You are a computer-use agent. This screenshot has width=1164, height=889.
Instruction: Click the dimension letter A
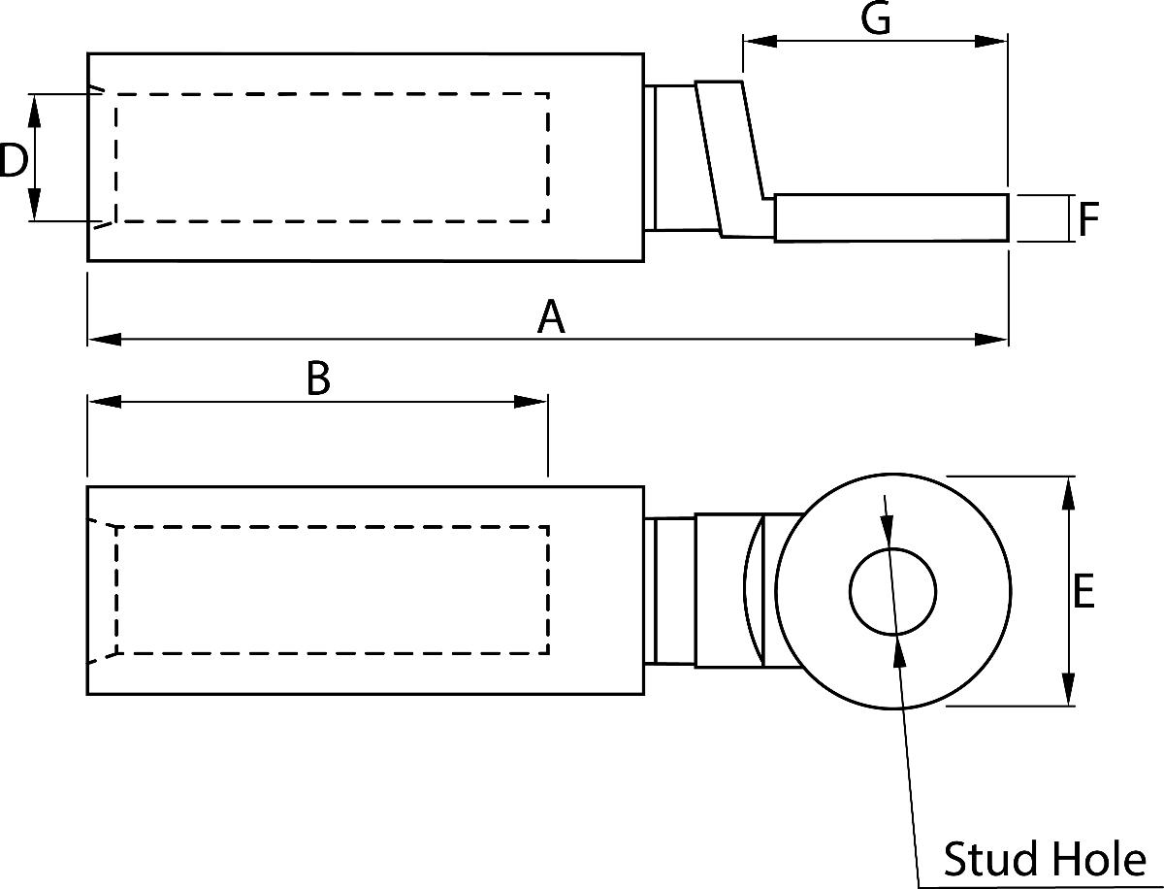(551, 317)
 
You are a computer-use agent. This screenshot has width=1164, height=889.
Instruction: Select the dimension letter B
(318, 379)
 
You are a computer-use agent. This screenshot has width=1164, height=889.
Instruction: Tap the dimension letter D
(13, 160)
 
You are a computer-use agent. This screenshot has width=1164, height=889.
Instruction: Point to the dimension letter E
(1084, 591)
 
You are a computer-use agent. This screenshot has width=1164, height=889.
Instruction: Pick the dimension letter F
(1088, 220)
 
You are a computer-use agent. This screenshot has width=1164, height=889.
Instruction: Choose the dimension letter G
(876, 19)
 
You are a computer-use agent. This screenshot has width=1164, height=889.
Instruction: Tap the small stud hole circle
(892, 592)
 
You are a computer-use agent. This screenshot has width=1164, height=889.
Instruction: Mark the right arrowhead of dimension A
(993, 339)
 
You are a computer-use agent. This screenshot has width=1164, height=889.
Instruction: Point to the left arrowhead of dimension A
(103, 339)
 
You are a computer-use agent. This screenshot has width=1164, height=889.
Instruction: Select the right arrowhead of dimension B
(533, 402)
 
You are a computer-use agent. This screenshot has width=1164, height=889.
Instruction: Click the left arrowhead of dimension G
(758, 42)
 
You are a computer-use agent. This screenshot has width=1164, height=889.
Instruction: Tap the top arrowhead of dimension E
(1069, 491)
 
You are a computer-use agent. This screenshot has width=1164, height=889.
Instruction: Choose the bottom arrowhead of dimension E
(1069, 691)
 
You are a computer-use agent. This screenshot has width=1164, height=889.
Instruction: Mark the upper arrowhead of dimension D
(34, 110)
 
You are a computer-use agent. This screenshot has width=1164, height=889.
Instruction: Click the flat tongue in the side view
(890, 217)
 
